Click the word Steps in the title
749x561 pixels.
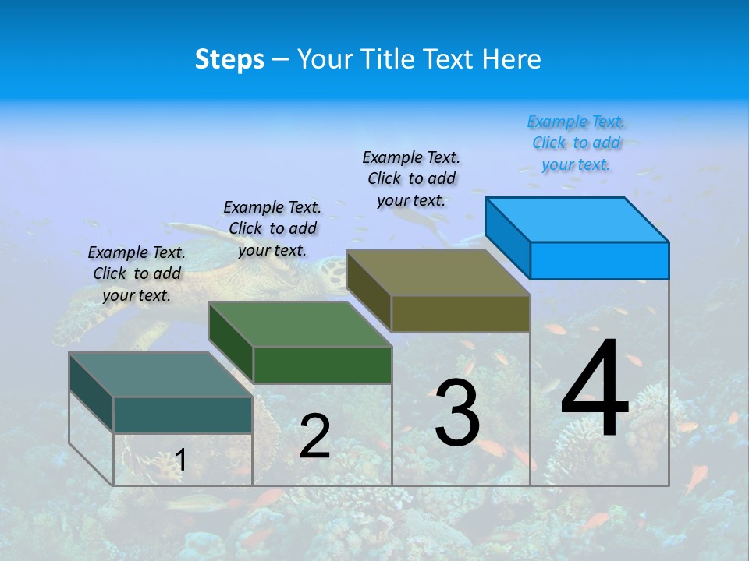tap(229, 59)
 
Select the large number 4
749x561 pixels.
tap(595, 390)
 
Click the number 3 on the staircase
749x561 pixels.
tap(457, 413)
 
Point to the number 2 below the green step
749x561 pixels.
tap(314, 436)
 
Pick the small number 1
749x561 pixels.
tap(181, 460)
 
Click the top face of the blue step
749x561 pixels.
tap(577, 219)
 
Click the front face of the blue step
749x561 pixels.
tap(599, 260)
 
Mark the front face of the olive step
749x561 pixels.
tap(460, 313)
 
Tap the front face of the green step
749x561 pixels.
tap(322, 365)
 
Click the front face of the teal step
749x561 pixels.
tap(183, 415)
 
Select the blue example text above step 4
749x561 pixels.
tap(576, 143)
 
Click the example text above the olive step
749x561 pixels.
tap(411, 178)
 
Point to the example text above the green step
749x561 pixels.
tap(272, 228)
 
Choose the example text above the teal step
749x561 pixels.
tap(137, 273)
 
